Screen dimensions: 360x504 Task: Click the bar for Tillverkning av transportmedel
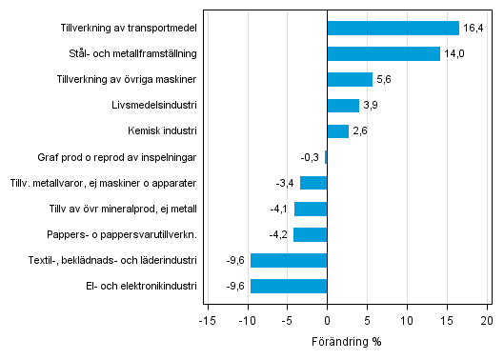(393, 29)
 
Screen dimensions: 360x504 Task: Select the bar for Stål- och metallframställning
(383, 54)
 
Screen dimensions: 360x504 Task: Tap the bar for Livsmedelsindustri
(343, 106)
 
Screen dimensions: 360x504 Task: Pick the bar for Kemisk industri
(337, 131)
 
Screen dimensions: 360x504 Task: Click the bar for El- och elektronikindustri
(289, 286)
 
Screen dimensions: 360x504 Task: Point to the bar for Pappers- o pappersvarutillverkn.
(310, 234)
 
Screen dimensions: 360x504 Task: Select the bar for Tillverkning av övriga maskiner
(350, 80)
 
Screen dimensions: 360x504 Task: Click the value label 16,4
(474, 29)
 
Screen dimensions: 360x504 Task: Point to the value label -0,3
(310, 157)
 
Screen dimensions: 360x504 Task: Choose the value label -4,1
(279, 209)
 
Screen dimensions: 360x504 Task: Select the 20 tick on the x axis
(487, 319)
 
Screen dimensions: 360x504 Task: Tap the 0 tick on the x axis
(327, 319)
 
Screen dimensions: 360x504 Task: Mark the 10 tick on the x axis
(407, 319)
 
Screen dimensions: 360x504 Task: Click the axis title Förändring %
(346, 341)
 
